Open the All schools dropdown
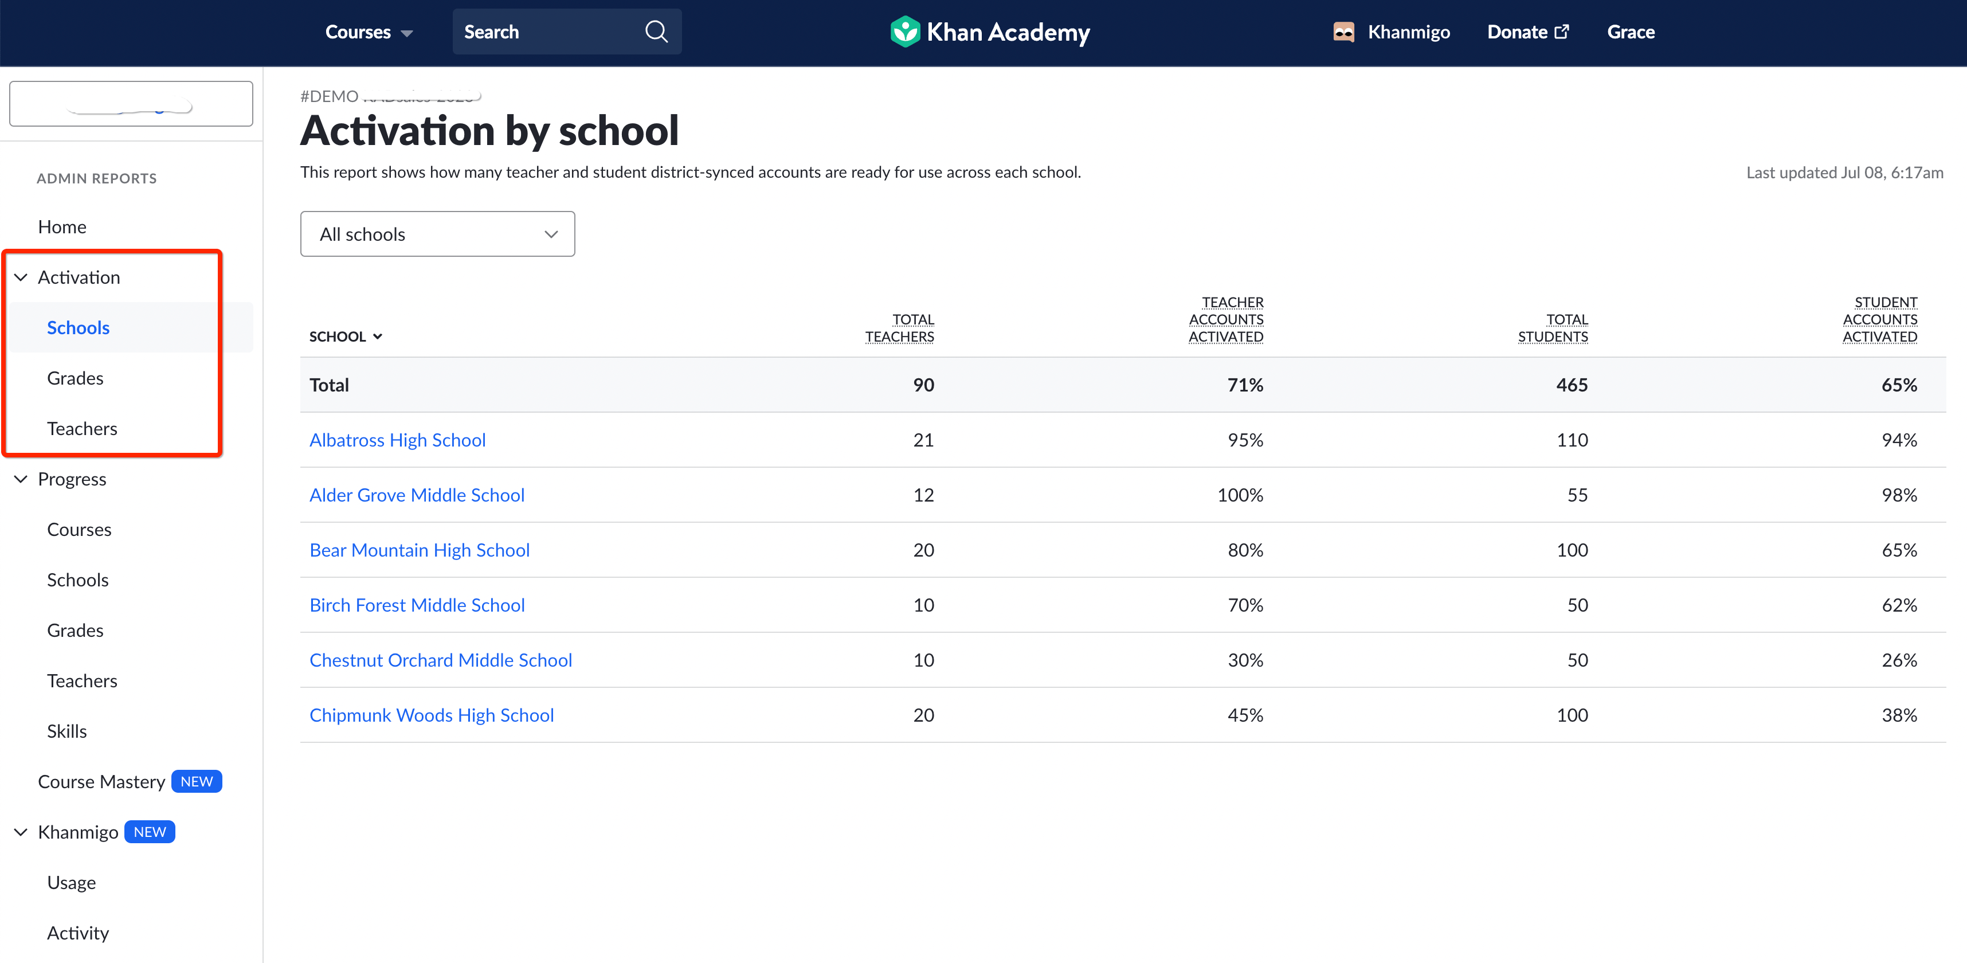[437, 234]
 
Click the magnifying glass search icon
[656, 32]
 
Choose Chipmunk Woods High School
[432, 715]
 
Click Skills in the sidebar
[67, 731]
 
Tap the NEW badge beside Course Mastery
[196, 781]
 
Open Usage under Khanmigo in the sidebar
[72, 882]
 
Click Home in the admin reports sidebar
[62, 227]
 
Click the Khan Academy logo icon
[905, 32]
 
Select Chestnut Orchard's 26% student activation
[1898, 660]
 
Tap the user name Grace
[1630, 32]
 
